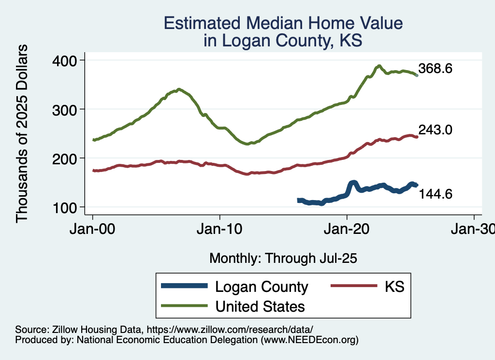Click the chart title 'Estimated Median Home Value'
[x=283, y=23]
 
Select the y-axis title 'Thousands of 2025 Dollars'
[x=22, y=133]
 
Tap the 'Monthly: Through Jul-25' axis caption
[x=283, y=259]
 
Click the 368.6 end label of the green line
[x=436, y=69]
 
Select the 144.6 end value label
[x=436, y=194]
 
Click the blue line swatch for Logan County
[x=185, y=287]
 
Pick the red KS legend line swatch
[x=353, y=287]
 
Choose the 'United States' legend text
[x=260, y=306]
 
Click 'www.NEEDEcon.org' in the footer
[x=309, y=340]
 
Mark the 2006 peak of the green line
[x=179, y=89]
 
